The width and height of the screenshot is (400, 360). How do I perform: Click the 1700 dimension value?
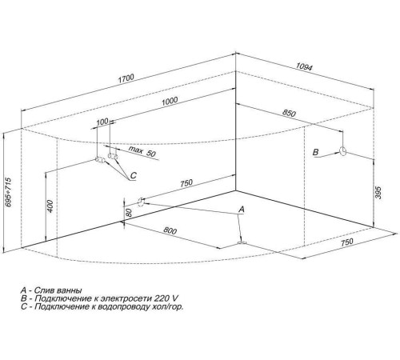tap(126, 78)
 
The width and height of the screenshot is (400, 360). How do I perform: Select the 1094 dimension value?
tap(304, 66)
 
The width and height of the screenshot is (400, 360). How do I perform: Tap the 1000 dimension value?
tap(170, 101)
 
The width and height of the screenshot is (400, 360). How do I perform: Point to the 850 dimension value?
tap(289, 113)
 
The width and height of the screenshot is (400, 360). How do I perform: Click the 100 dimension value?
tap(102, 122)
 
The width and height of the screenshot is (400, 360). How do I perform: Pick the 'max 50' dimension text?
tap(142, 151)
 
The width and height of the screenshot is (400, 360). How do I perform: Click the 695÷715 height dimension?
tap(9, 192)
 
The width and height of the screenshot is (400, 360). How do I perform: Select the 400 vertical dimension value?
tap(50, 206)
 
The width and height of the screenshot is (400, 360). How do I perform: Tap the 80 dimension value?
tap(129, 213)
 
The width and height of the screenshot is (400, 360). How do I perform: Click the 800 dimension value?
tap(170, 230)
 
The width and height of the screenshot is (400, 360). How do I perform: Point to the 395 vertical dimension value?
tap(378, 193)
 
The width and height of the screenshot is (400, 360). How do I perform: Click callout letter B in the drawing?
tap(315, 152)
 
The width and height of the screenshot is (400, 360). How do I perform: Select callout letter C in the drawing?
tap(134, 175)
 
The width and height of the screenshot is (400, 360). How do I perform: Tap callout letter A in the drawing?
tap(242, 210)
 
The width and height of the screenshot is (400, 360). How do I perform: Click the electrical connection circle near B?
tap(343, 151)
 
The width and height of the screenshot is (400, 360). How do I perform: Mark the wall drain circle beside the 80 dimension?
tap(141, 202)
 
